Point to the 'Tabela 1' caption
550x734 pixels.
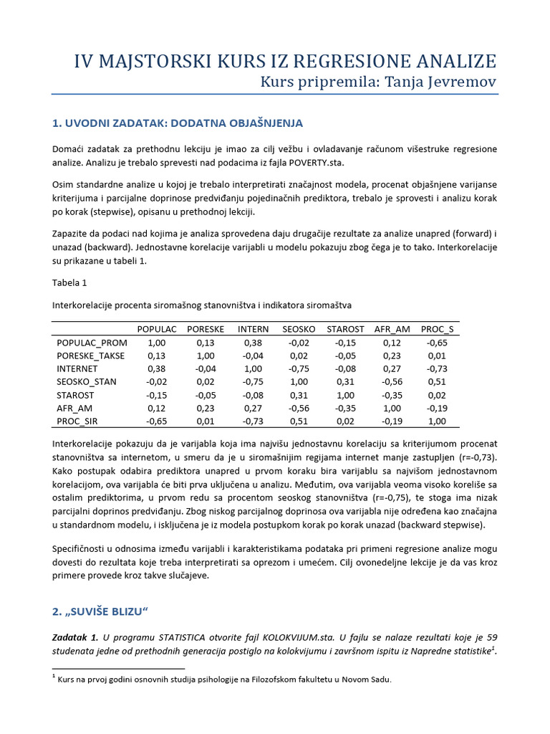(x=69, y=282)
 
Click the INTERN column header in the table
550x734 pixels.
(x=254, y=329)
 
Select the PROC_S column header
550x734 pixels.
(x=437, y=329)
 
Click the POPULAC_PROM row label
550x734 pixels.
(x=92, y=343)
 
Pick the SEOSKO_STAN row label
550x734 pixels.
(x=87, y=381)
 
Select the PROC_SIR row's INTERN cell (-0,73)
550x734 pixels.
(x=254, y=420)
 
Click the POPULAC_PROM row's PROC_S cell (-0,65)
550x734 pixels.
(x=437, y=343)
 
